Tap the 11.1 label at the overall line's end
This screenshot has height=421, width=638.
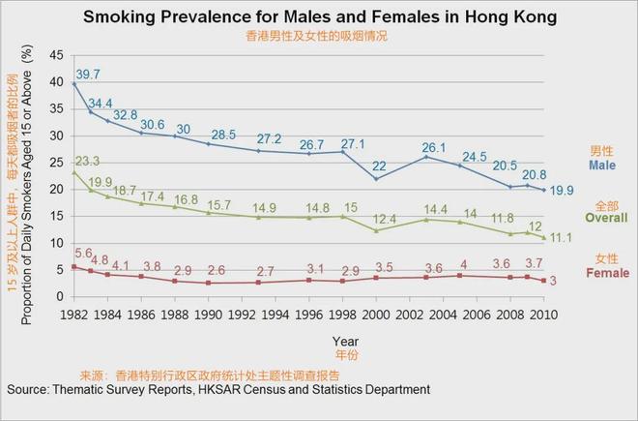[x=563, y=237]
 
